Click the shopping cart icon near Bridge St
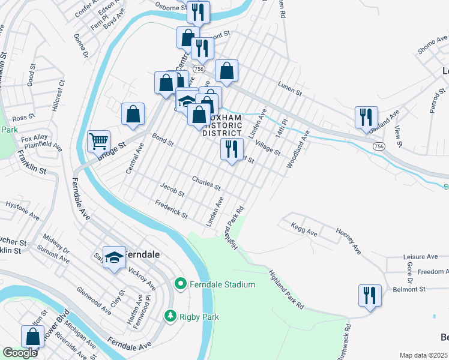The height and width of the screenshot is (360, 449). coord(98,142)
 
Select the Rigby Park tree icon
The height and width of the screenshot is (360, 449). coord(171,316)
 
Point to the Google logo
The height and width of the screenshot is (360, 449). coord(20,353)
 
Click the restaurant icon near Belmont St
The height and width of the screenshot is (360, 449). coord(369,295)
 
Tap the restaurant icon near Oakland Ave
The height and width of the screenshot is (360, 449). coord(366,117)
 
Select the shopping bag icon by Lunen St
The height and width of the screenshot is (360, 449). coord(227,71)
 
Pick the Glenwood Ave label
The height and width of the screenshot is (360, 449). coord(94,301)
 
